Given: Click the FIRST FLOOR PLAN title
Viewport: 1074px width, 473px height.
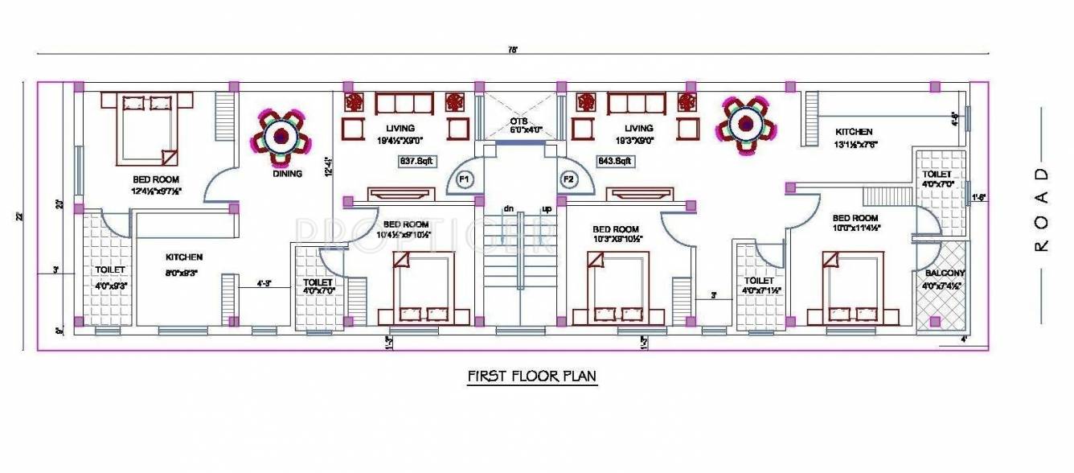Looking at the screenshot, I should pos(532,376).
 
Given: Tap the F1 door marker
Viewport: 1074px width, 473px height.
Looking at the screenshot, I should pos(464,179).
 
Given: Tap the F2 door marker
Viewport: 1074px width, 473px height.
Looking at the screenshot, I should pos(568,179).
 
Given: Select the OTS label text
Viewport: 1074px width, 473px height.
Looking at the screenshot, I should pos(518,121).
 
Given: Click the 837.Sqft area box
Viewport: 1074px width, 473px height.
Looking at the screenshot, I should pos(416,160).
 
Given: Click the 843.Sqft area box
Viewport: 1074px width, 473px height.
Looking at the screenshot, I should pos(615,160).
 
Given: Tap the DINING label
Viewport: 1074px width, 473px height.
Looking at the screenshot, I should pos(287,173).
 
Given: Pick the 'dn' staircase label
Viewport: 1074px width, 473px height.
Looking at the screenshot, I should pos(508,209).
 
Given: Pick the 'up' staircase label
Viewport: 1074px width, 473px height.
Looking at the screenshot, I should pos(547,209).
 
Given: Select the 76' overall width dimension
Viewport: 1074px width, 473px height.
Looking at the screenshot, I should pos(512,50).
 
